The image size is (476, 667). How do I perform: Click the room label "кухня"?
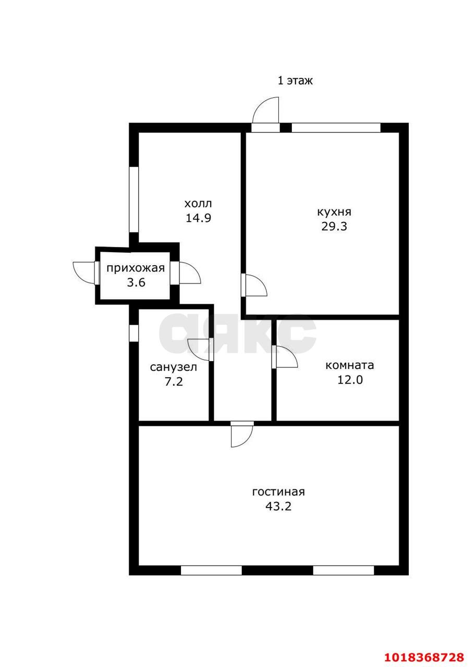tap(334, 213)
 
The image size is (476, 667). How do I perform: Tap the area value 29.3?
tap(334, 227)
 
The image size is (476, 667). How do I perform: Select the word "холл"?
tap(198, 204)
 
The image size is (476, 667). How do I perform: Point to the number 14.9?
tap(199, 218)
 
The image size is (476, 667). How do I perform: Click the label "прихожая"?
tap(136, 268)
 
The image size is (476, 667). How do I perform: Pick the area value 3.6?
tap(136, 282)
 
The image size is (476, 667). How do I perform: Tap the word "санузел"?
tap(174, 367)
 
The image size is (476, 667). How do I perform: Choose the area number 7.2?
tap(174, 381)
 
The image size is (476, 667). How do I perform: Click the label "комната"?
tap(349, 365)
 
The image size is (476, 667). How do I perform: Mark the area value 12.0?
tap(350, 380)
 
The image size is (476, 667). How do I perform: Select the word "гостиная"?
tap(278, 492)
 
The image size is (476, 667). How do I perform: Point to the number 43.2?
tap(278, 507)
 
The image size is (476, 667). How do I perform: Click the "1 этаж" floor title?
tap(295, 81)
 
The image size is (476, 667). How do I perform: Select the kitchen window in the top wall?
tap(336, 128)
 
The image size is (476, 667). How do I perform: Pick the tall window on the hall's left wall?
tap(134, 199)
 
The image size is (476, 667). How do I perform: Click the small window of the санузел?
tap(134, 333)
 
